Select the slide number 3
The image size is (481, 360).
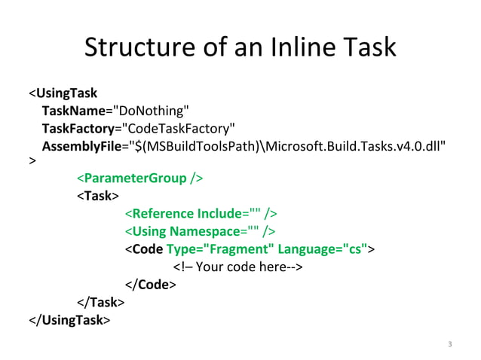[x=449, y=345]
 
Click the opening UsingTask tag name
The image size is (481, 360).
[x=66, y=93]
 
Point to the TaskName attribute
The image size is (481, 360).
[x=72, y=111]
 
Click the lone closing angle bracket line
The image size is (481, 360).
[x=32, y=161]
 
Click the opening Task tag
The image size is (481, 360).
[x=97, y=196]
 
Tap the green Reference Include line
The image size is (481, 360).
[x=201, y=213]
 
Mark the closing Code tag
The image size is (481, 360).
[x=150, y=284]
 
